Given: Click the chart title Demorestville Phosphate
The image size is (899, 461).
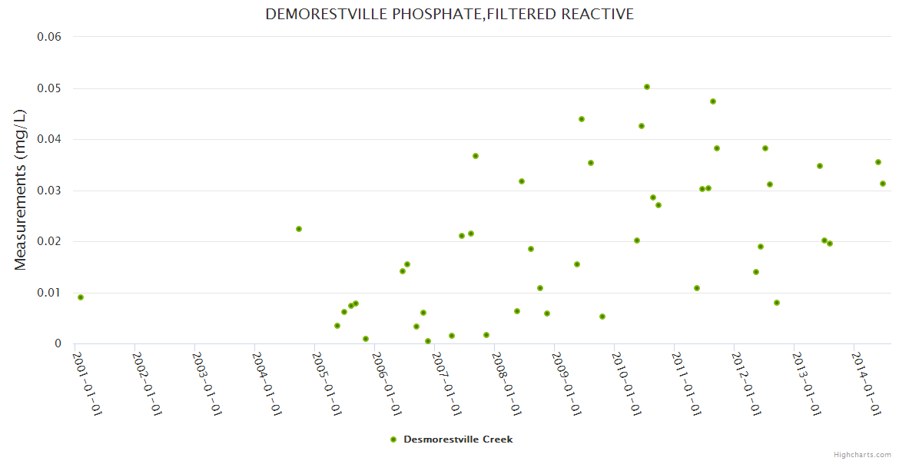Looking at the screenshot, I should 449,15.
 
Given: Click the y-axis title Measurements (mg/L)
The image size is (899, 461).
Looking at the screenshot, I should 21,190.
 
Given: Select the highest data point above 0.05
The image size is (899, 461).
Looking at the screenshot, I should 647,87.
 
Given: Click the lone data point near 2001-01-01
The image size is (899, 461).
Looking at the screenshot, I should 81,297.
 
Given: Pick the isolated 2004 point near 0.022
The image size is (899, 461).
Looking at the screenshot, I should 299,229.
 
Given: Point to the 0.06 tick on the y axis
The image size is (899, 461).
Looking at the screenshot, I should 49,37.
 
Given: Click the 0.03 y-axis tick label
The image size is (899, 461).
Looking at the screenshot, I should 49,191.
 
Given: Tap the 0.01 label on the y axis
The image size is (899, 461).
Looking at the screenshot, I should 49,293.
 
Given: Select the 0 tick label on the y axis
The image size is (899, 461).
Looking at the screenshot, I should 58,343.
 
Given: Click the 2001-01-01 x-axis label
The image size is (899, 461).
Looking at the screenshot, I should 88,383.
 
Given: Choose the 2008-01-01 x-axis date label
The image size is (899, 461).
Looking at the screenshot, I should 507,383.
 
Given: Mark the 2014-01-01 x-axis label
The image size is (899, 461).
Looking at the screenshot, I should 867,383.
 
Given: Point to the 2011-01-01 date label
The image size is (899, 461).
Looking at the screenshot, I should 687,383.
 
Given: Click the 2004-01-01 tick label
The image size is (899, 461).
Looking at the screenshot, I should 267,383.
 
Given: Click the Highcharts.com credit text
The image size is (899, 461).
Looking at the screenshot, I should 862,455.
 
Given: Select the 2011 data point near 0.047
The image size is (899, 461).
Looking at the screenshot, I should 713,101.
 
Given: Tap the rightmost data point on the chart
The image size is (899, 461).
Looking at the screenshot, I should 883,184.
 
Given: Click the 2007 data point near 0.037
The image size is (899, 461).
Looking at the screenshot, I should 476,156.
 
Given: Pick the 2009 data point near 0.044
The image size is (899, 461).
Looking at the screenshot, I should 582,119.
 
